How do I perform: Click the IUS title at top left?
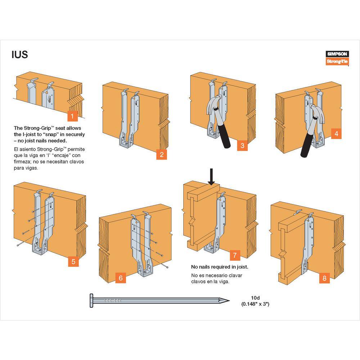(19, 55)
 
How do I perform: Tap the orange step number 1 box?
(73, 116)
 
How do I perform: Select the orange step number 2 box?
(162, 155)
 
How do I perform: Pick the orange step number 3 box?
(242, 145)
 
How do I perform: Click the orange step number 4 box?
(336, 134)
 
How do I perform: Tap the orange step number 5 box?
(73, 261)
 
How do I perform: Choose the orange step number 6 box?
(121, 278)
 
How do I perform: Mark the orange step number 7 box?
(235, 255)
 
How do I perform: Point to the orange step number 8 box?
(324, 278)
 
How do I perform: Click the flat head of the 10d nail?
(91, 300)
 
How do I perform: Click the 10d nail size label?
(255, 301)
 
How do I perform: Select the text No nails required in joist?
(219, 267)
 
